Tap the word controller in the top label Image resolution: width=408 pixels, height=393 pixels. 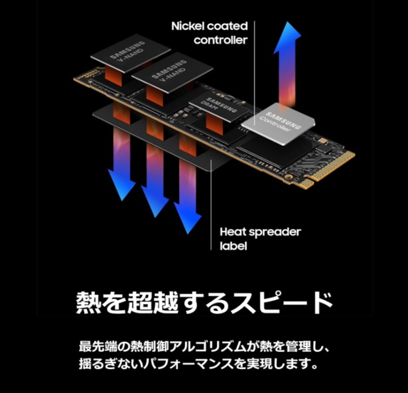[x=220, y=40]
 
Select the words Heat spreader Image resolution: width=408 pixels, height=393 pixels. [x=260, y=232]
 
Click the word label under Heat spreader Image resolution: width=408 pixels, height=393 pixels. [x=233, y=246]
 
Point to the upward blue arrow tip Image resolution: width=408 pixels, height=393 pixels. [x=287, y=22]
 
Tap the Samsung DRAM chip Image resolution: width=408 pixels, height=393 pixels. [x=221, y=108]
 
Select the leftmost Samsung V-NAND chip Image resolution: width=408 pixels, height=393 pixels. [x=131, y=53]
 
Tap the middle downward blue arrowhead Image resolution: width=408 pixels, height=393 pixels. [x=155, y=202]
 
